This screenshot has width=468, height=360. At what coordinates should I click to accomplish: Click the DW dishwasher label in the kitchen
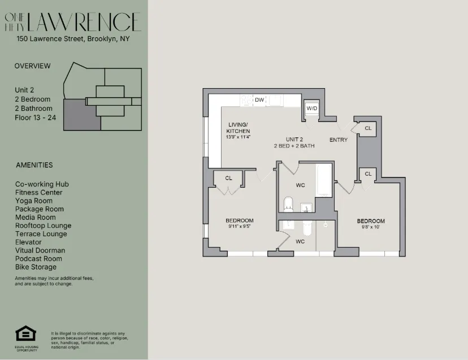click(x=259, y=100)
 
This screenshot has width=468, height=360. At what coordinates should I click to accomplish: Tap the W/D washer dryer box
click(x=311, y=109)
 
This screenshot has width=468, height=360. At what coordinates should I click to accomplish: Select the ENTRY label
click(x=339, y=140)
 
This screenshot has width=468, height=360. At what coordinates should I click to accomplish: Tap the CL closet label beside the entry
click(x=368, y=128)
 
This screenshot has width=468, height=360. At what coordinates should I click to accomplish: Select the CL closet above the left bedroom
click(x=228, y=178)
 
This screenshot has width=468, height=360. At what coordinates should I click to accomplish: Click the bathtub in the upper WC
click(x=323, y=181)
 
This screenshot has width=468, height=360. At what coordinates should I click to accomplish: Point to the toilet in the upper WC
click(x=288, y=203)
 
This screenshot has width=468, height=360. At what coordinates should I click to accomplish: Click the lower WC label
click(x=300, y=241)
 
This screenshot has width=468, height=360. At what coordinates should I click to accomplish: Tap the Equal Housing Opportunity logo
click(x=26, y=334)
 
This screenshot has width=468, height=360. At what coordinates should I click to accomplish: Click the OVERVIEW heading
click(x=32, y=66)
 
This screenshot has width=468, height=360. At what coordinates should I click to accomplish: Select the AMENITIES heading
click(x=34, y=165)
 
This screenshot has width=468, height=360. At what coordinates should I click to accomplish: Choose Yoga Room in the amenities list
click(x=34, y=201)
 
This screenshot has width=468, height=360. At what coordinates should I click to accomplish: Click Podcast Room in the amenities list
click(x=38, y=258)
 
